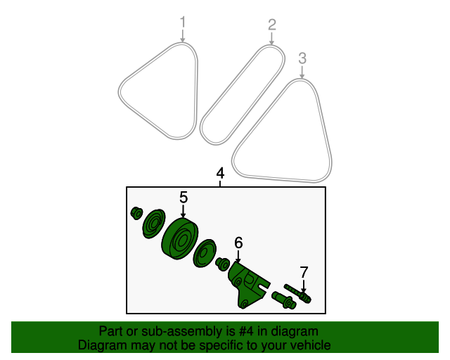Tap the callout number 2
[272, 25]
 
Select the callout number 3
[302, 58]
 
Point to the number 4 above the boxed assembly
[220, 174]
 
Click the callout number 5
[184, 198]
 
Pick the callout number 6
[238, 243]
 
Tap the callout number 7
[304, 272]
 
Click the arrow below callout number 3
[302, 72]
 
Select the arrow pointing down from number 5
[183, 211]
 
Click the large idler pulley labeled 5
[180, 239]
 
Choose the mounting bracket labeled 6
[248, 284]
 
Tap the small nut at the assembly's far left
[136, 213]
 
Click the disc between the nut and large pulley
[154, 224]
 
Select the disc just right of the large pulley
[205, 253]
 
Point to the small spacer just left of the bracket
[223, 264]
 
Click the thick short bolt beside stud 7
[284, 300]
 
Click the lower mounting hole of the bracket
[244, 304]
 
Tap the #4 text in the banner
[246, 331]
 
